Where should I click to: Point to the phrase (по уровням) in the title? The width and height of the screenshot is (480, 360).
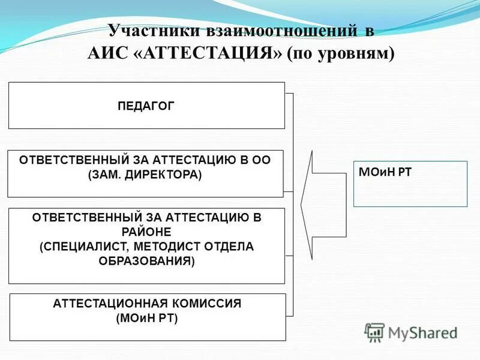click(341, 52)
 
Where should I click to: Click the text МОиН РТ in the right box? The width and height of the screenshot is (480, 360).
click(385, 173)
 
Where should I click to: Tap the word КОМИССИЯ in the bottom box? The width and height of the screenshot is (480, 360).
click(208, 304)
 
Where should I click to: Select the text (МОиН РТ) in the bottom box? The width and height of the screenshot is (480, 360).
click(147, 318)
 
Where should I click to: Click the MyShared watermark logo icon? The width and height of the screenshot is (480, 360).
click(375, 332)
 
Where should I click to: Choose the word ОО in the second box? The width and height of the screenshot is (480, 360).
click(260, 160)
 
